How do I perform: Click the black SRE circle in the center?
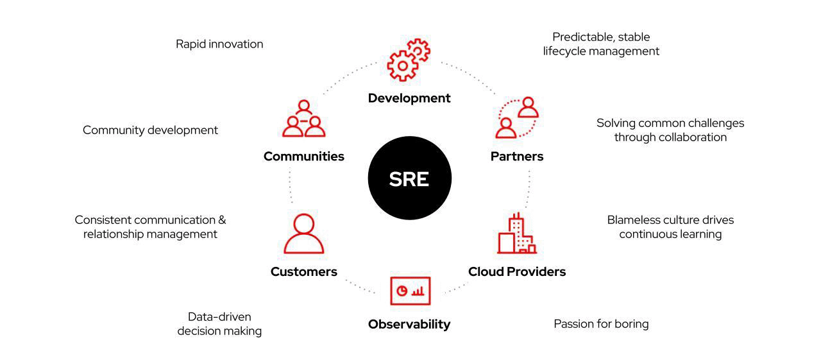(x=409, y=179)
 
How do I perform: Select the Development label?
(x=409, y=98)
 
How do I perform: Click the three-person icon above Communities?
(x=304, y=119)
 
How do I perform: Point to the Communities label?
(x=304, y=157)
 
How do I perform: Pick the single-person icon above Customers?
(x=304, y=234)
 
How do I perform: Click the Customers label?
(x=304, y=271)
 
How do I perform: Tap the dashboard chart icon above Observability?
(x=410, y=291)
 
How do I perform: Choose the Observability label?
(x=409, y=324)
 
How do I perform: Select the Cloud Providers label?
(x=517, y=271)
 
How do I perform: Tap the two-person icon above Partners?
(x=517, y=118)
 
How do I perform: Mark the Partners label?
(x=517, y=157)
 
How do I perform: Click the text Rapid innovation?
(x=219, y=44)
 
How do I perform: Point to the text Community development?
(x=150, y=130)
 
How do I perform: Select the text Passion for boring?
(x=601, y=324)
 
